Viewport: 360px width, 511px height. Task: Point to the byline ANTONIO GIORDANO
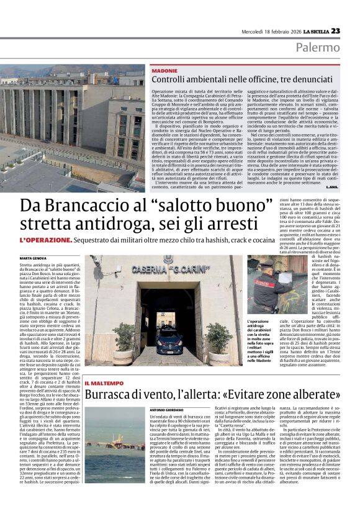(167, 410)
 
